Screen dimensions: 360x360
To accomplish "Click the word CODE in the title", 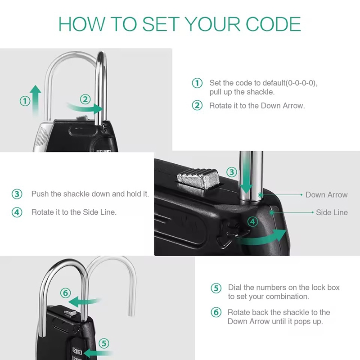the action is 273,24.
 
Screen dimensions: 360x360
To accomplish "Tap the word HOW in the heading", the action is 81,24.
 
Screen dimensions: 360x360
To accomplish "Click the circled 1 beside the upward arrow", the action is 25,101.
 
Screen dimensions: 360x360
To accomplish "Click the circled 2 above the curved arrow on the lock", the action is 85,99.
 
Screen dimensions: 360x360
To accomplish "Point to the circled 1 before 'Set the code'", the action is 197,83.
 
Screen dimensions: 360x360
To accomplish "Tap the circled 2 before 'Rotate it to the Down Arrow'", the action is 197,105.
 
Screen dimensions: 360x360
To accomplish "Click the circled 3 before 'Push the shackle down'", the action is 17,194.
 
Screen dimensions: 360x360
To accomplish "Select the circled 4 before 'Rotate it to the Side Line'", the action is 17,212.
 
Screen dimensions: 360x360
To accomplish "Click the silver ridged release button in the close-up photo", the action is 198,179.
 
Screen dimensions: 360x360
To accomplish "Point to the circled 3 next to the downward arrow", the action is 232,172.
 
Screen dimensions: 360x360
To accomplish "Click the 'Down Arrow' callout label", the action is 327,195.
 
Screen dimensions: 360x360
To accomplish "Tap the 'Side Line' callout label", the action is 332,212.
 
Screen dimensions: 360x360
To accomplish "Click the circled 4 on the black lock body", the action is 253,222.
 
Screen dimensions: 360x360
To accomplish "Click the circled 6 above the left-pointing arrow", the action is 65,293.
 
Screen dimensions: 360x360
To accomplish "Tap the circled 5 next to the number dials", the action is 104,343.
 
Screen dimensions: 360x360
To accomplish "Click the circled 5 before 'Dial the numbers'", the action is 216,288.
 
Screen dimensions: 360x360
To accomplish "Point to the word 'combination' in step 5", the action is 287,297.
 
